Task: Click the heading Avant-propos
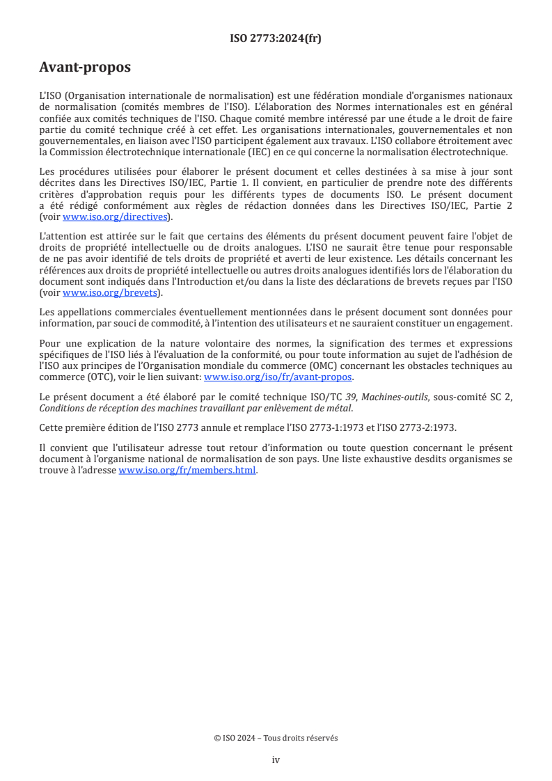click(x=85, y=68)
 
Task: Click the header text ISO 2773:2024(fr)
click(x=276, y=38)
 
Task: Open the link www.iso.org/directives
click(x=116, y=216)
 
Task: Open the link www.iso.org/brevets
click(x=109, y=292)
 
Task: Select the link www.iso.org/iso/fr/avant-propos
click(x=278, y=377)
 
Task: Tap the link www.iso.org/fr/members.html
click(x=188, y=470)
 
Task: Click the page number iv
click(x=276, y=759)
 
